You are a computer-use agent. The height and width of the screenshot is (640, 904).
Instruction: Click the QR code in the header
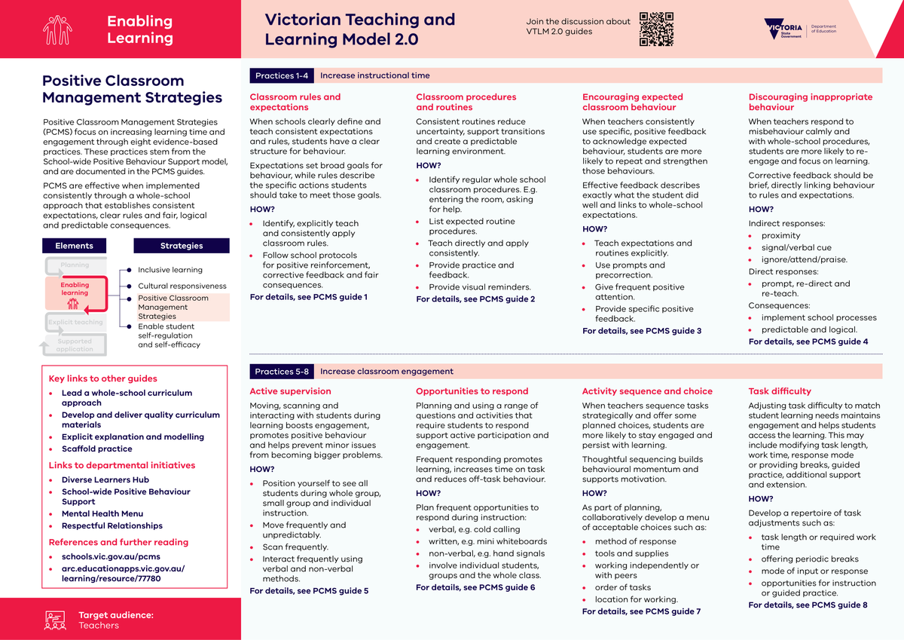655,29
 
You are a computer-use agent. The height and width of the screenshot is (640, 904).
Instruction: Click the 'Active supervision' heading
290,391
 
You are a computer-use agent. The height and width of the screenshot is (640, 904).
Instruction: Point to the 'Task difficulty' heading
780,391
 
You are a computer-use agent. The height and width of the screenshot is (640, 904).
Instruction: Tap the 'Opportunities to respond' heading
472,391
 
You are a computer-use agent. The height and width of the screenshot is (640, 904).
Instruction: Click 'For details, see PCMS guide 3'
642,331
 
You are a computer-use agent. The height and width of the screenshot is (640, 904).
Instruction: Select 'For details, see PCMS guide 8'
808,605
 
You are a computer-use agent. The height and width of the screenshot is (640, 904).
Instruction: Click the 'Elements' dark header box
74,246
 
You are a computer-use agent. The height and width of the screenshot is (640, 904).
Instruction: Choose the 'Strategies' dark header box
182,246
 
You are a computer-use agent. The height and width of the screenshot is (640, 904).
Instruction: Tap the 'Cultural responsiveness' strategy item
182,286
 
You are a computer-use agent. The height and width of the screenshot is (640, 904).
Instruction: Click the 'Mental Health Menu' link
102,513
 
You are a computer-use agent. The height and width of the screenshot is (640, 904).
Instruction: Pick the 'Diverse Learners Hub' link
105,479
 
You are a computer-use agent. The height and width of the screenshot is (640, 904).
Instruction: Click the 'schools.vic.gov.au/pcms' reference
111,557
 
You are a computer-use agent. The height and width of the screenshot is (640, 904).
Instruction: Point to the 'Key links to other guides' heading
102,378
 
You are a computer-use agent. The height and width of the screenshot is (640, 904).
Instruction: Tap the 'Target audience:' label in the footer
116,615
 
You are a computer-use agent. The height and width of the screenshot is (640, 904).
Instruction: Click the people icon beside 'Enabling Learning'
58,29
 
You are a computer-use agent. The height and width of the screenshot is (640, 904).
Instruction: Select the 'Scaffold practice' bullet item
96,449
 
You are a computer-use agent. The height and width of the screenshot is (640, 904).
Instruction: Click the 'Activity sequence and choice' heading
647,391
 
